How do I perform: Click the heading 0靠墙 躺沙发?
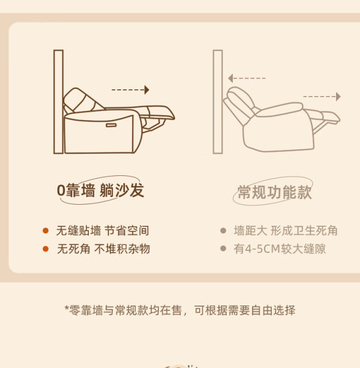pos(100,190)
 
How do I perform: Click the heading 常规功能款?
pos(274,192)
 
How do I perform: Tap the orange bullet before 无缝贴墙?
pos(46,231)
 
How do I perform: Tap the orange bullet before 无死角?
pos(46,249)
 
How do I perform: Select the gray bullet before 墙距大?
pos(223,231)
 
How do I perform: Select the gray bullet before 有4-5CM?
pos(223,249)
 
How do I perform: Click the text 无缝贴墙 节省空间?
pos(103,231)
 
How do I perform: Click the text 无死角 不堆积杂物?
pos(103,249)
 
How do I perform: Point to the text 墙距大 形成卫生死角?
pos(286,231)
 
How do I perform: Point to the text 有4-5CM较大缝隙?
pos(280,249)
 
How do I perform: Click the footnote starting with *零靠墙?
pos(180,310)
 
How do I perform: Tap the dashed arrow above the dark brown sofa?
pos(130,90)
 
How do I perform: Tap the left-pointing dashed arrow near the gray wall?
pos(247,78)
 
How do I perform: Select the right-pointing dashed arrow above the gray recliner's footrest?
pos(322,97)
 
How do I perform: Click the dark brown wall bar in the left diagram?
pos(58,102)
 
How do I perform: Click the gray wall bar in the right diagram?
pos(218,102)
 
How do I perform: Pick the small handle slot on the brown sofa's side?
pos(111,125)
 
